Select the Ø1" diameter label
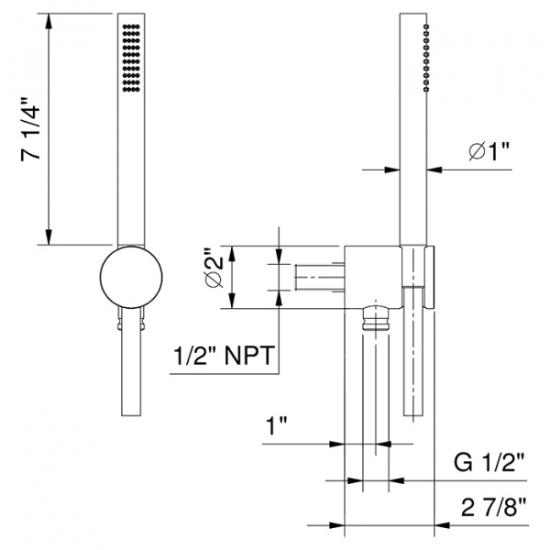pos(488,152)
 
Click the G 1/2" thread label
pos(493,461)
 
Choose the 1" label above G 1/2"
pos(276,426)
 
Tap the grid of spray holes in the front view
pos(129,57)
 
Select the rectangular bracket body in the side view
pos(374,275)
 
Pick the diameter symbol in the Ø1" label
pos(476,152)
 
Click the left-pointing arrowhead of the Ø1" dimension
pos(433,169)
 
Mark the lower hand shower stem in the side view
pos(413,357)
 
